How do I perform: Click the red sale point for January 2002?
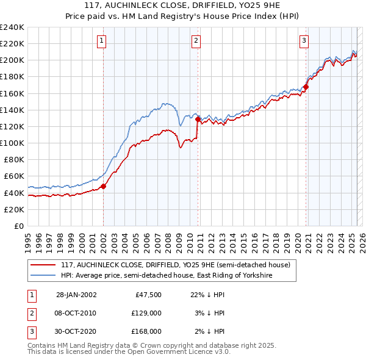104,186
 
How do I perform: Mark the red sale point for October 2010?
198,119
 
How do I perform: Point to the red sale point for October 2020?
306,87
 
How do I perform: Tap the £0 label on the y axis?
18,226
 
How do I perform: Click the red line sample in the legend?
43,265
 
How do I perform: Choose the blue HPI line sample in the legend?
43,275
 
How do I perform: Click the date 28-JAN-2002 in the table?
76,294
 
